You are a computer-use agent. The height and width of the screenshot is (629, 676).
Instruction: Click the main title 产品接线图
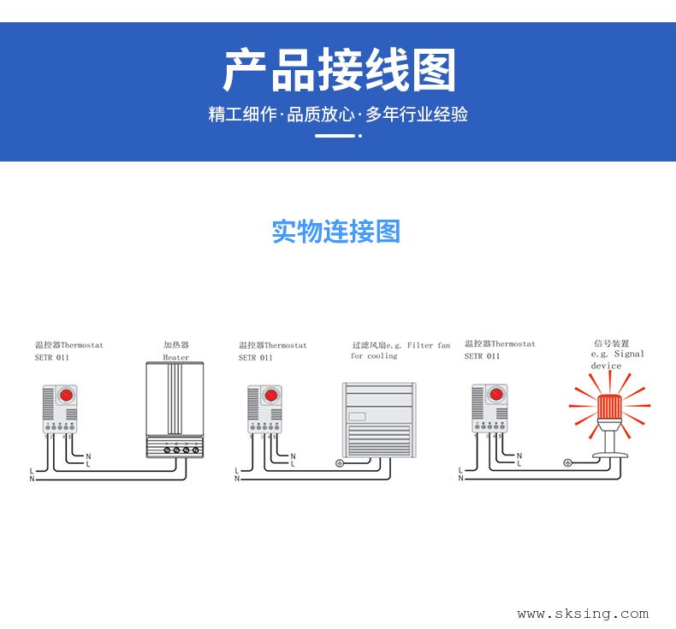coord(339,70)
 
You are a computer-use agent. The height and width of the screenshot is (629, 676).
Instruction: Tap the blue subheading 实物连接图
coord(336,232)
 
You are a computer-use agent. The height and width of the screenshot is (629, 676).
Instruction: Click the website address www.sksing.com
coord(583,614)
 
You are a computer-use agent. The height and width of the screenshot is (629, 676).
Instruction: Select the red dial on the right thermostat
coord(495,396)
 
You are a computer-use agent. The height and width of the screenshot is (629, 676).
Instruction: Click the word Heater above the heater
coord(176,357)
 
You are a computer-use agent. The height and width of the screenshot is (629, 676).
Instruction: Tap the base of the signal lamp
coord(610,445)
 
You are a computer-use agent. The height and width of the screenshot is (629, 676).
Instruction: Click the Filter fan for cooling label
coord(400,350)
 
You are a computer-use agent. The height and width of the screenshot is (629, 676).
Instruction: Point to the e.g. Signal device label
coord(617,359)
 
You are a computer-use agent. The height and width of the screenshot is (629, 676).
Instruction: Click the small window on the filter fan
coord(358,417)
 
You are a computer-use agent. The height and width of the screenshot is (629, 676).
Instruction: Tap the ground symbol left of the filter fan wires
coord(340,463)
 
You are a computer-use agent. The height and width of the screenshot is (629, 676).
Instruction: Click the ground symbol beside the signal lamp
coord(567,462)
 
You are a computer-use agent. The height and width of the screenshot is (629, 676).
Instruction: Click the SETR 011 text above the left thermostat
coord(51,357)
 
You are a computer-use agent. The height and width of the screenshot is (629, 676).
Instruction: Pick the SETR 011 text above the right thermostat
coord(482,356)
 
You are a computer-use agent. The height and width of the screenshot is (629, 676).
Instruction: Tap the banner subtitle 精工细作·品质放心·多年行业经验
coord(338,115)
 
